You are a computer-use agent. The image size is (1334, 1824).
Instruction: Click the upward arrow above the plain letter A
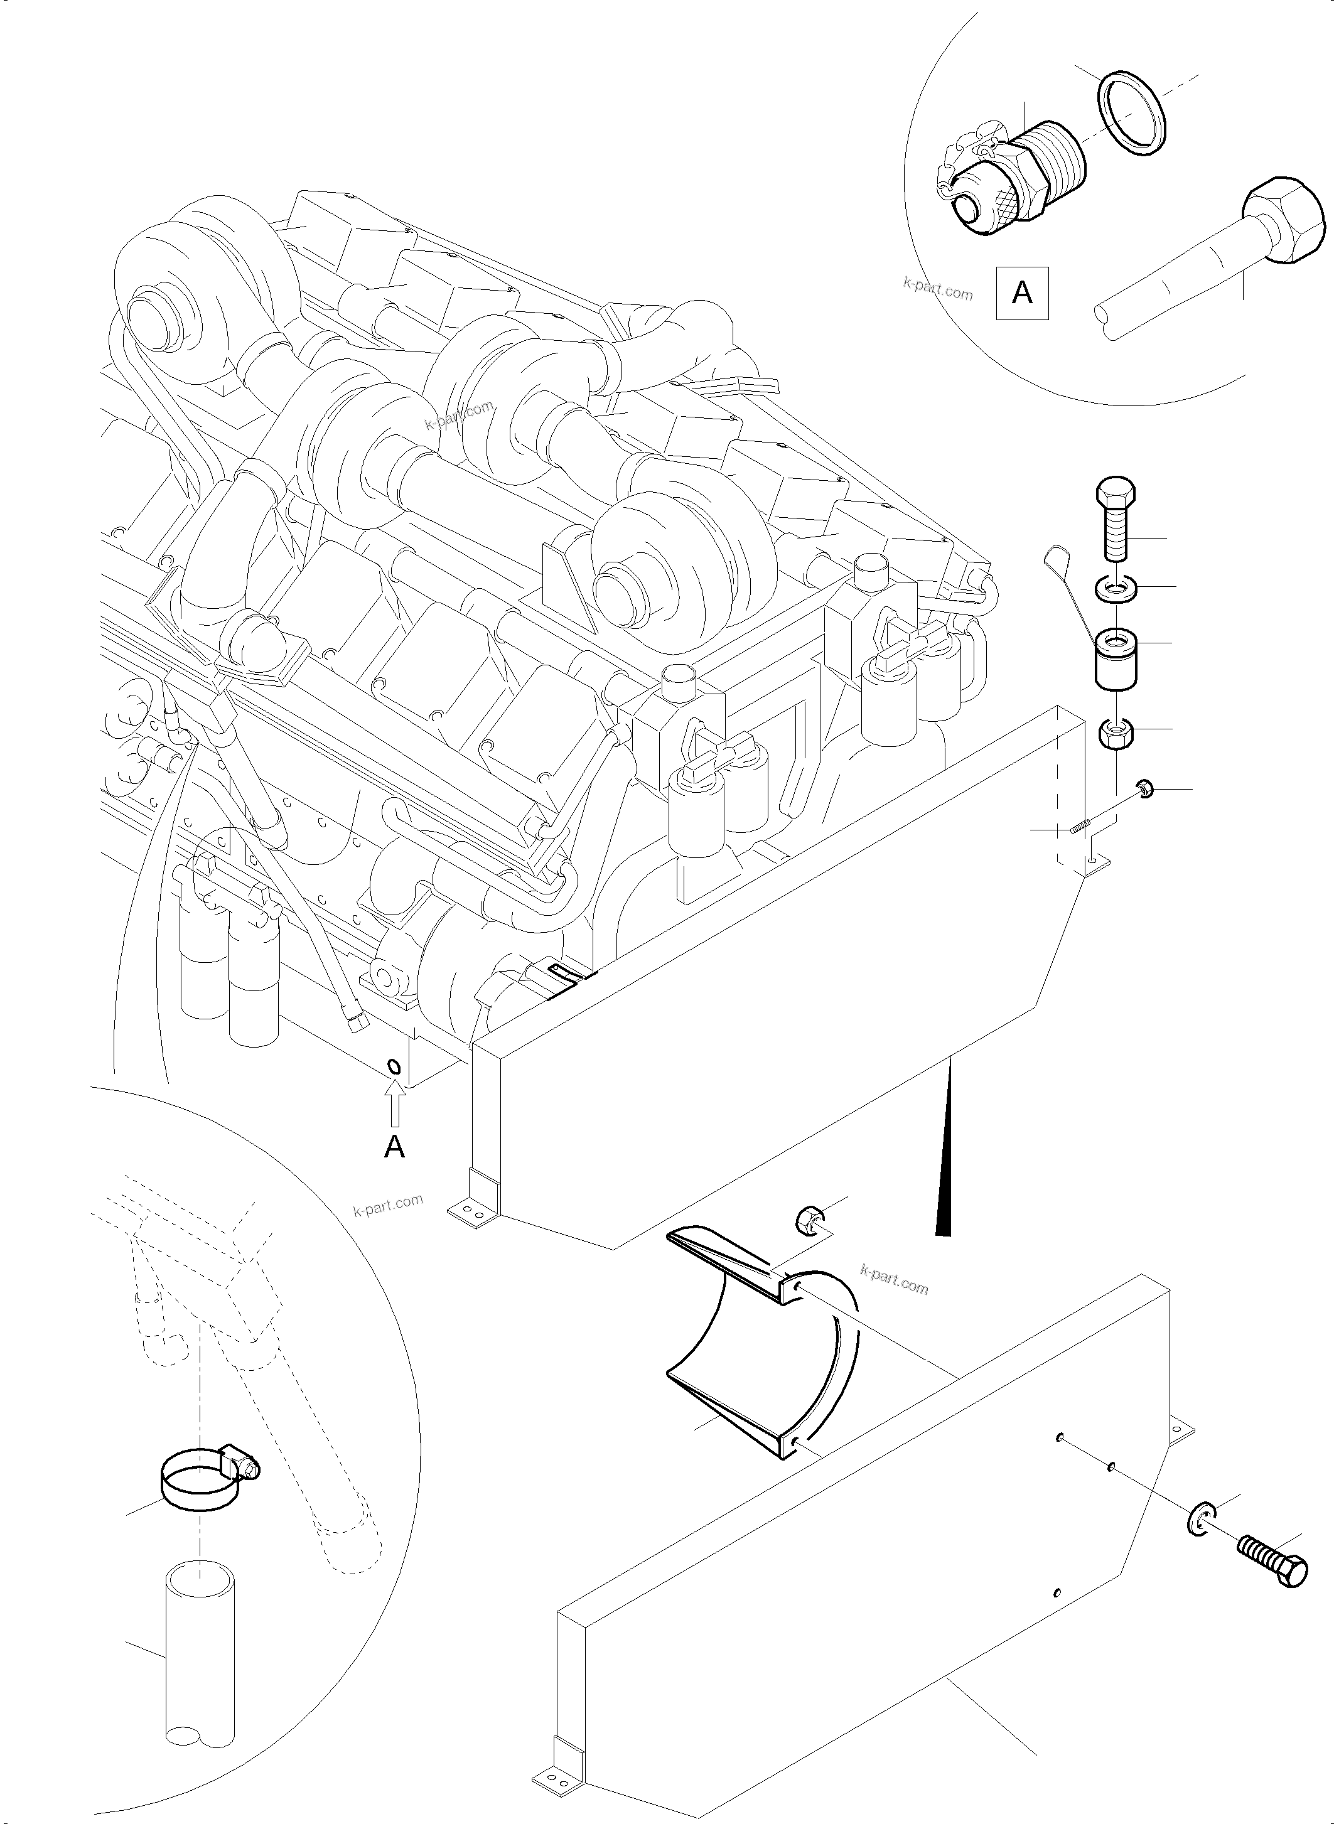(x=394, y=1104)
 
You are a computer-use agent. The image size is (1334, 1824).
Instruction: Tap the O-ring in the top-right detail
(x=1133, y=112)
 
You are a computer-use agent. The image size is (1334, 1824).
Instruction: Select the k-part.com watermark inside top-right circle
(x=937, y=288)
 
